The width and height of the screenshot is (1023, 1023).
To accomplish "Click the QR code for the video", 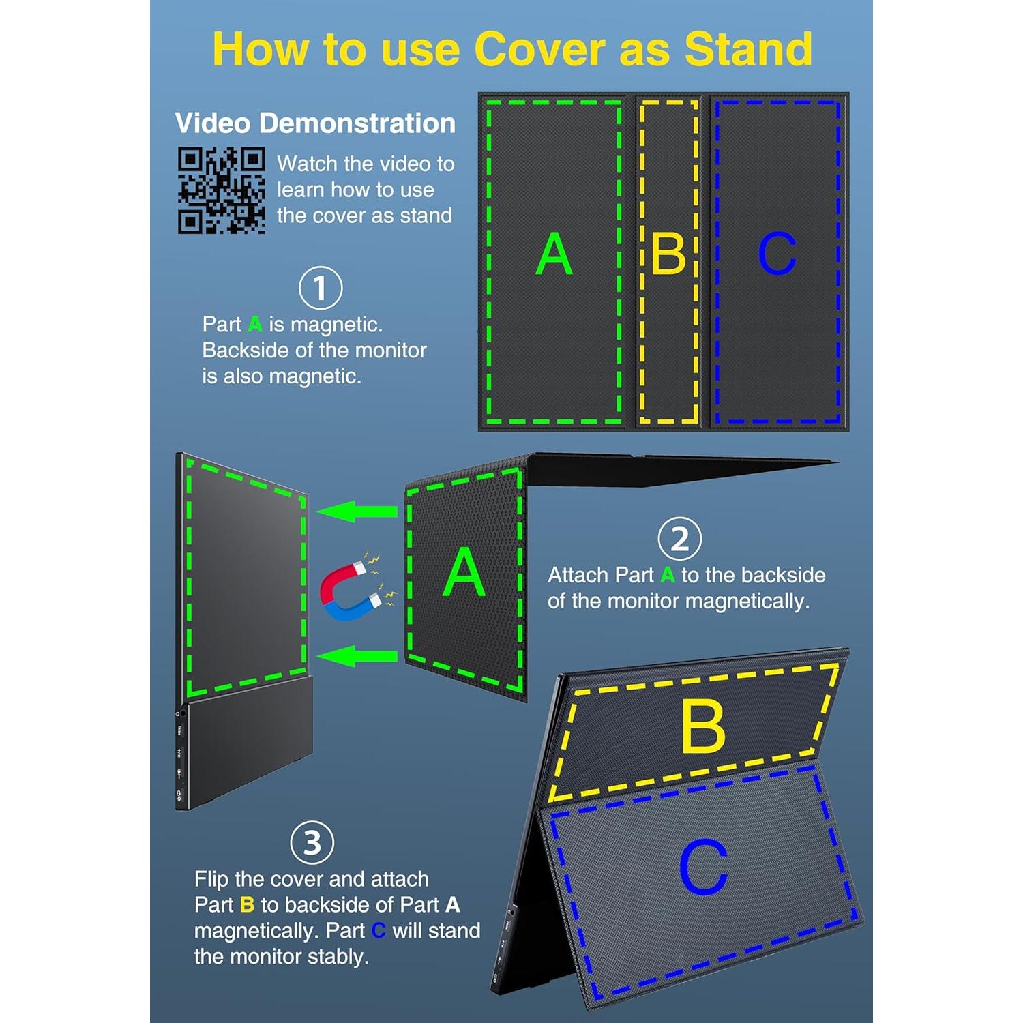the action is tap(222, 191).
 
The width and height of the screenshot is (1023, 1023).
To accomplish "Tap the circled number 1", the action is tap(321, 288).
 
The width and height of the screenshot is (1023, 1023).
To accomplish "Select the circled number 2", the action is tap(680, 539).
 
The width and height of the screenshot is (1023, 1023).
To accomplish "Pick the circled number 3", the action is tap(312, 843).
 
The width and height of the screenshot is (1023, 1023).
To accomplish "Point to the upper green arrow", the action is tap(357, 511).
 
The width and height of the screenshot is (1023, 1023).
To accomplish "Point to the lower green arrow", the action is tap(357, 656).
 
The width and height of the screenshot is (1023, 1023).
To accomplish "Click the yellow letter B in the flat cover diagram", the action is tap(668, 254).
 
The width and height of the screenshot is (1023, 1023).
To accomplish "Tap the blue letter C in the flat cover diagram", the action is tap(777, 253).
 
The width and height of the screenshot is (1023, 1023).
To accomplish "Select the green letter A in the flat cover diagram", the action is tap(554, 254).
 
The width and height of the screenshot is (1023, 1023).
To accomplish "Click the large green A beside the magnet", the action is tap(464, 572).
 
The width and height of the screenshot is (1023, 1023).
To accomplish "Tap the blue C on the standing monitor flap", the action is tap(704, 867).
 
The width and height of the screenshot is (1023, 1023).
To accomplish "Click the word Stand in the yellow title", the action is tap(748, 49).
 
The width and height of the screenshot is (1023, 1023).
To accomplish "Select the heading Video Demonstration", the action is tap(315, 123).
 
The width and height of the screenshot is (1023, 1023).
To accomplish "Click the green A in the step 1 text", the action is tap(255, 325).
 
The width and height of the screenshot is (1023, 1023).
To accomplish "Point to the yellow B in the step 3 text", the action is tap(247, 905).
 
